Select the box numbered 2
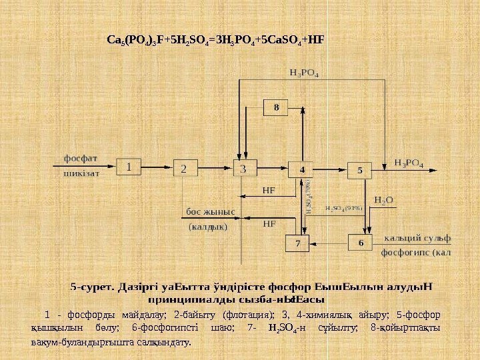pos(183,168)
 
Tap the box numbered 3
pos(243,168)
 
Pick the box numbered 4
pos(302,170)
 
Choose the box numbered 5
pos(360,170)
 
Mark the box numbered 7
pos(298,243)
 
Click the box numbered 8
pos(276,107)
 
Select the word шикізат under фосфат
pos(81,173)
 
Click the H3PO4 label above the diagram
pos(303,72)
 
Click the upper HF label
pos(269,190)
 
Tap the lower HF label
pos(269,224)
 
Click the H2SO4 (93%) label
pos(344,208)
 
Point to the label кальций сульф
pos(417,237)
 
